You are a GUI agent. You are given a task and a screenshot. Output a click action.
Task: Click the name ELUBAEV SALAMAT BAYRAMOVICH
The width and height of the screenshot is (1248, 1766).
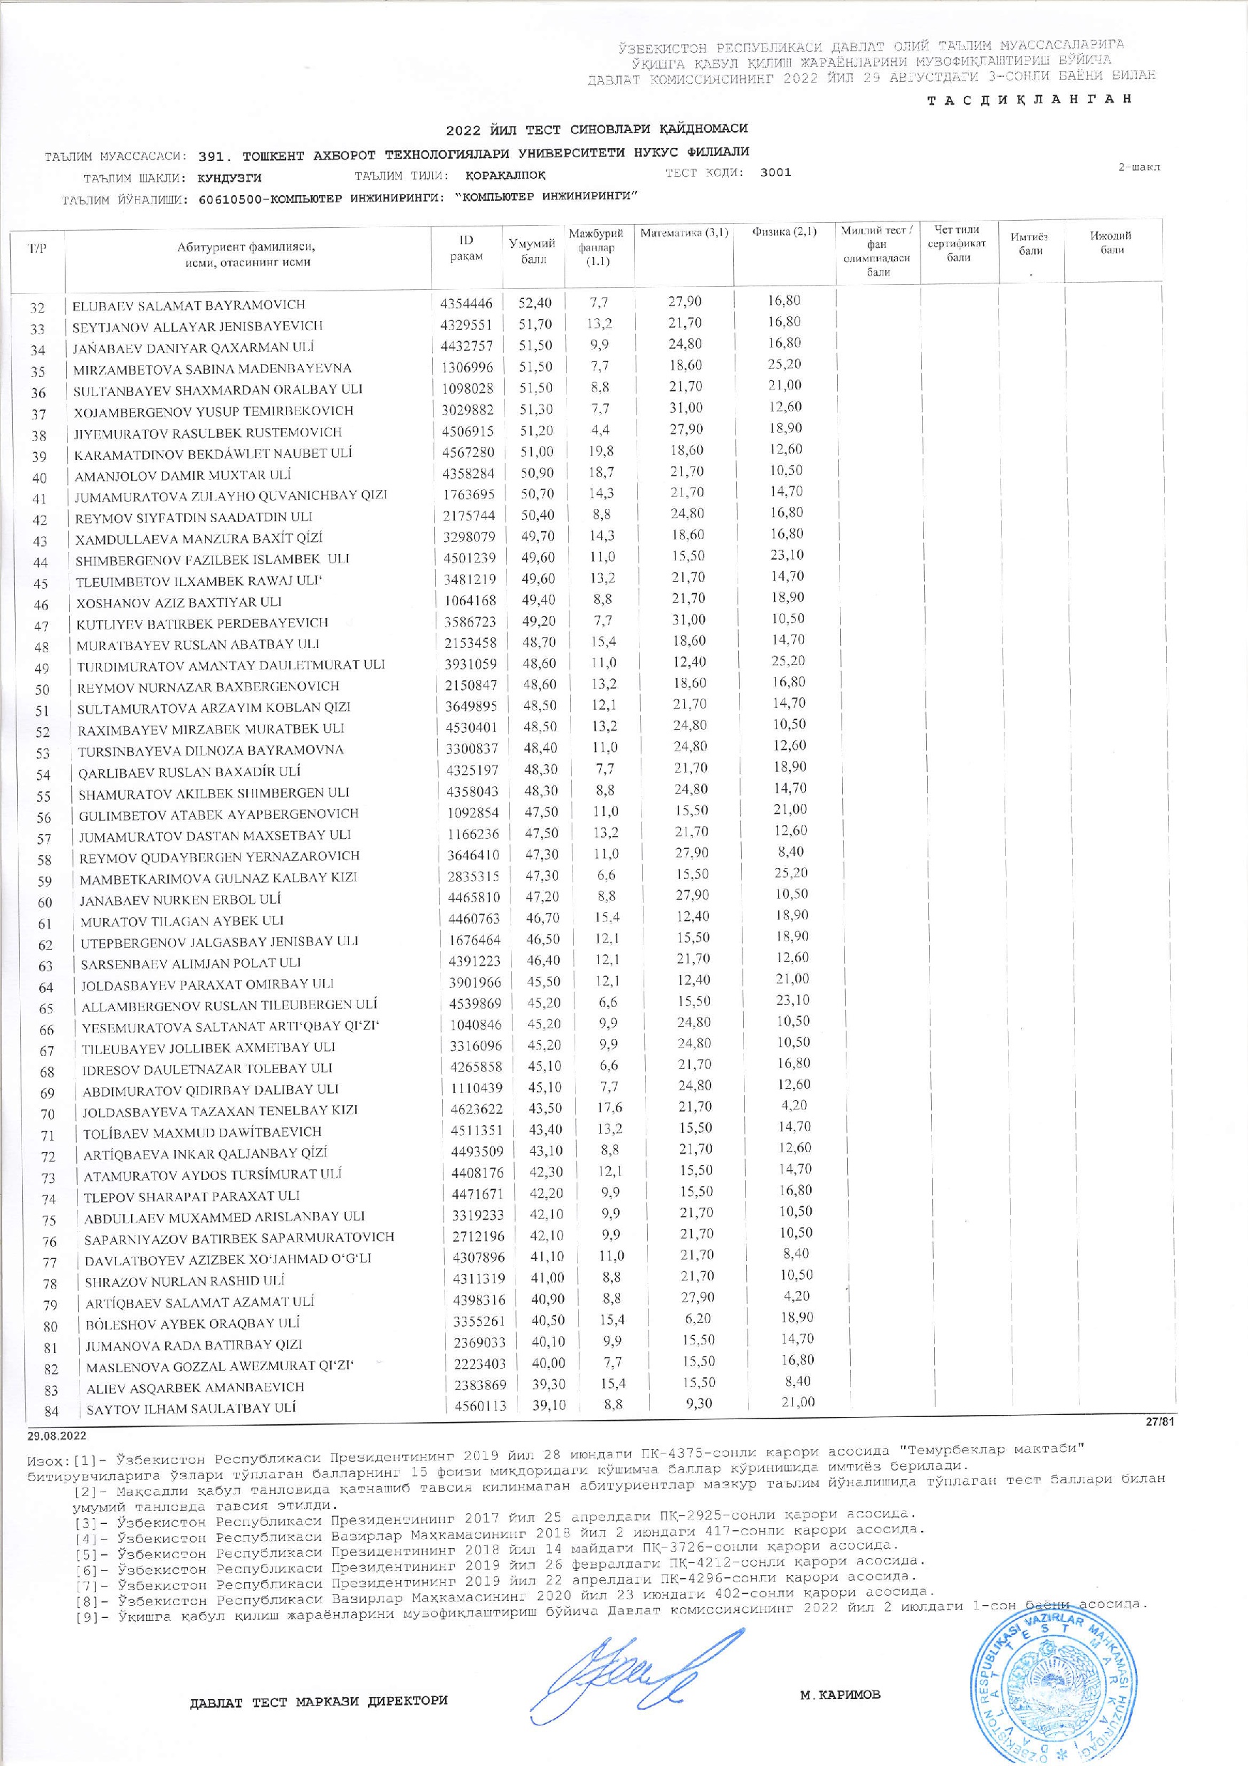pos(189,305)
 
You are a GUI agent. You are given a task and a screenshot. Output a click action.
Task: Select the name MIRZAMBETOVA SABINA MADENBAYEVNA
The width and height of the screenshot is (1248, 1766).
pos(212,369)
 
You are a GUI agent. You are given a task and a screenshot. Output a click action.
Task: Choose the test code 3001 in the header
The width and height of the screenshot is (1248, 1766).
pos(775,173)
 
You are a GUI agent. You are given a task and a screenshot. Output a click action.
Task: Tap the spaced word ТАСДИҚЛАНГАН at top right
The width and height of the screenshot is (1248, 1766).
pos(1029,100)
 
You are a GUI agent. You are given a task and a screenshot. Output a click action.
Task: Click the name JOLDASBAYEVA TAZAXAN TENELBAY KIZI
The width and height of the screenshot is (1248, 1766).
pos(220,1110)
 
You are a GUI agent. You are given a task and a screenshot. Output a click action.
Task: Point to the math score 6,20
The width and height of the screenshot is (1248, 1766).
pos(694,1317)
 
